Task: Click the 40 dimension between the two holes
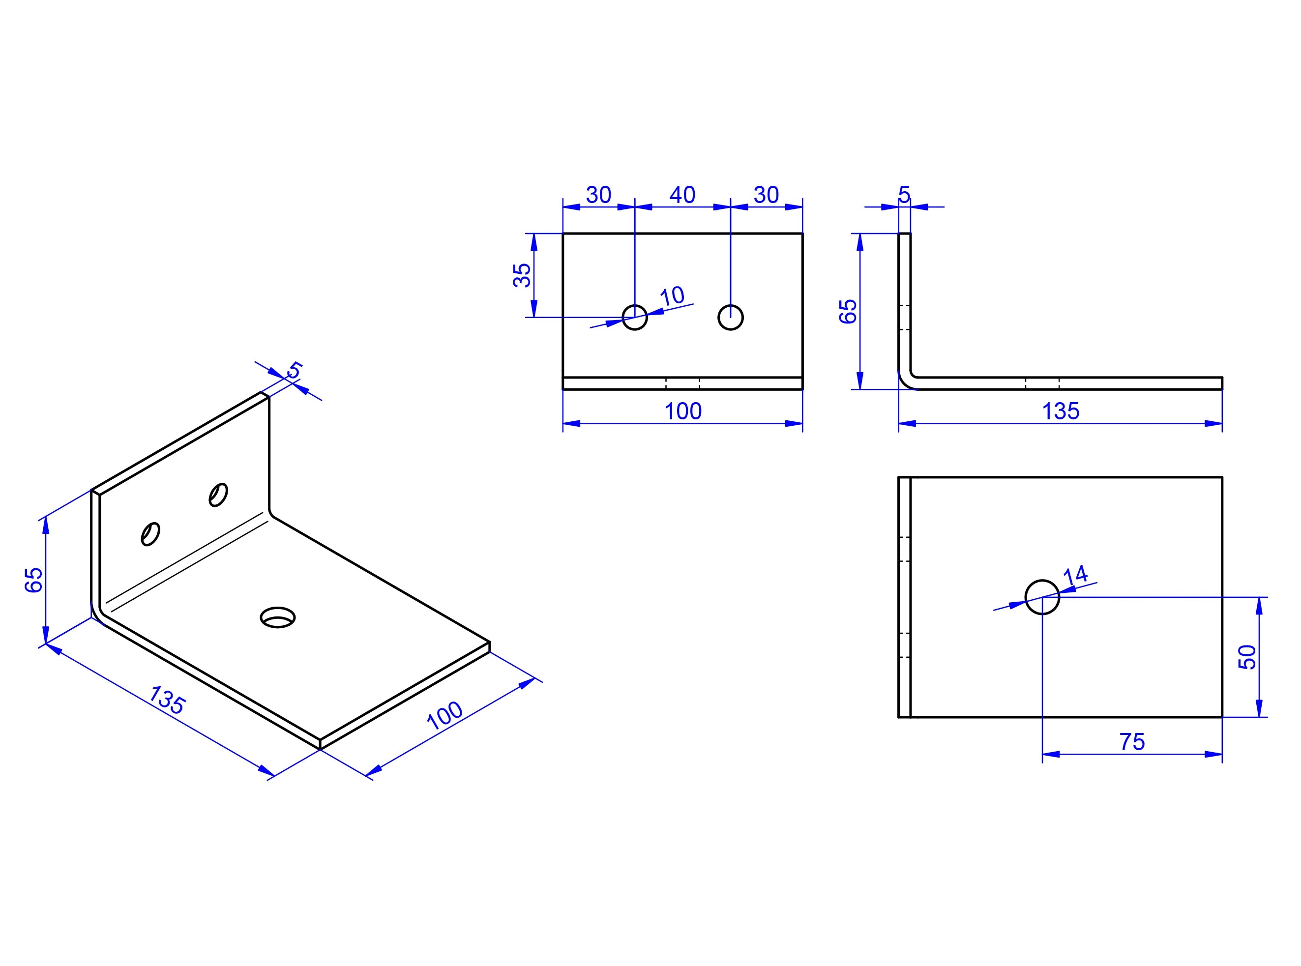point(682,195)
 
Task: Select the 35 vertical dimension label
point(522,275)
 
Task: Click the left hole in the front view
point(634,318)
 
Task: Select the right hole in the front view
point(730,318)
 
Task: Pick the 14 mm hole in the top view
point(1042,597)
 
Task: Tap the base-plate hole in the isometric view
point(278,617)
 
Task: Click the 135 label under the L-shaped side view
point(1060,411)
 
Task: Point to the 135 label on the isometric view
point(167,700)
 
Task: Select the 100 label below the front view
point(682,411)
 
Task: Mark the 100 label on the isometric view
point(445,716)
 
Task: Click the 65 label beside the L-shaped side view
point(847,311)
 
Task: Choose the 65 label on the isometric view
point(34,580)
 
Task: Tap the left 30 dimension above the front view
point(598,195)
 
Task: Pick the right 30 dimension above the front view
point(766,195)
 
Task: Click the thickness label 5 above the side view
point(904,195)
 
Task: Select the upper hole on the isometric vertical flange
point(218,495)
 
